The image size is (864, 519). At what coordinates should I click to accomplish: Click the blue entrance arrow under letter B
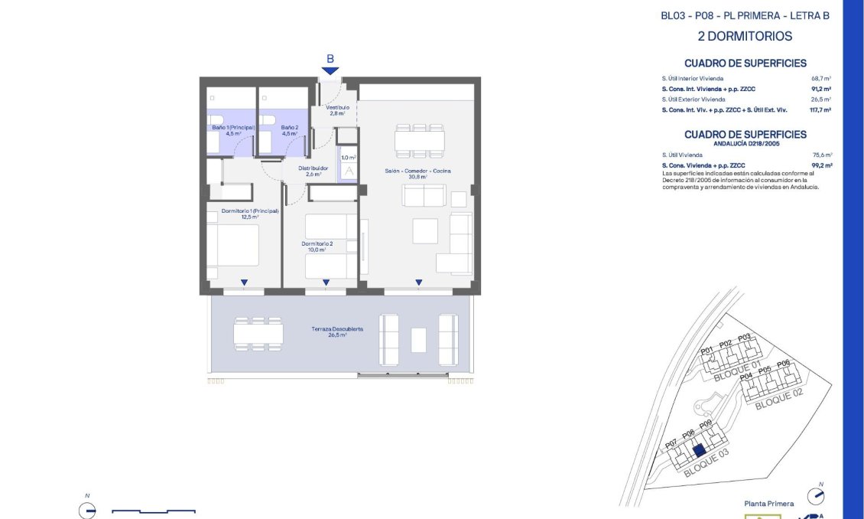click(330, 70)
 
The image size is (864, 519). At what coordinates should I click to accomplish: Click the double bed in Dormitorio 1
click(238, 245)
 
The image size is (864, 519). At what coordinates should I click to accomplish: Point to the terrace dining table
click(258, 334)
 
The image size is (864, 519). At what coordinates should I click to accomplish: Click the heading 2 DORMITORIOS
click(745, 36)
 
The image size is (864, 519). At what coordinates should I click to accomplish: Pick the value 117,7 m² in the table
click(820, 110)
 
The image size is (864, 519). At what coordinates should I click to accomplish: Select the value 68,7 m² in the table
click(821, 79)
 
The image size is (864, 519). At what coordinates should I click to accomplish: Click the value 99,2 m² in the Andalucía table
click(820, 165)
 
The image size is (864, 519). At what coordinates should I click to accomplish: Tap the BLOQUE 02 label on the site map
click(779, 399)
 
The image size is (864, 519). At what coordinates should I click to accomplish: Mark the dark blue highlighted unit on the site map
click(697, 452)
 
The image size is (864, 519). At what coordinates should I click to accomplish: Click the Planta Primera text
click(768, 504)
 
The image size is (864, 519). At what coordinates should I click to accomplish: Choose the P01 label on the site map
click(707, 351)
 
